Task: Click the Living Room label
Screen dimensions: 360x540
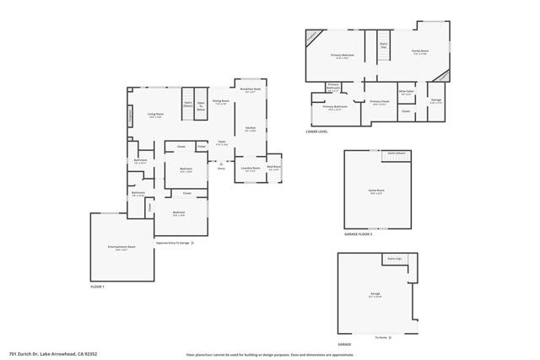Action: coord(155,115)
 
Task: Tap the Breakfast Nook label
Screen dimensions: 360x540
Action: coord(249,89)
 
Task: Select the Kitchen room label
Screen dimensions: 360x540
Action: coord(250,129)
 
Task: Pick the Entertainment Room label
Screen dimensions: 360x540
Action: coord(122,247)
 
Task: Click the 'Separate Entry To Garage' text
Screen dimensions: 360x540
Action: coord(174,243)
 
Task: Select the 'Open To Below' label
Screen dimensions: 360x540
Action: coord(201,108)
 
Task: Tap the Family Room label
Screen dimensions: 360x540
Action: coord(419,52)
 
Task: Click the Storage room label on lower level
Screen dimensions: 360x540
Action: coord(435,100)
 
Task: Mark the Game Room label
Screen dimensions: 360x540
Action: coord(375,191)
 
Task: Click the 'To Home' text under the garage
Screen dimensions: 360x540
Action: coord(381,336)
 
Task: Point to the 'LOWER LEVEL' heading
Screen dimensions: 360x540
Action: coord(318,132)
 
